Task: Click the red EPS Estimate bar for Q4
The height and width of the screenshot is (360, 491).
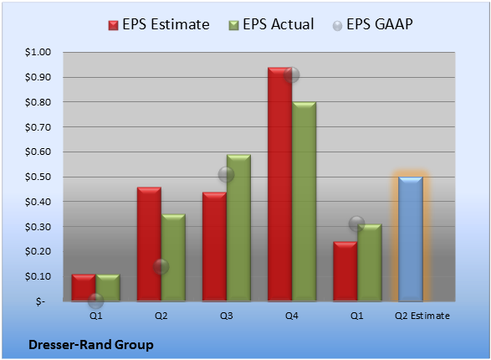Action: [279, 184]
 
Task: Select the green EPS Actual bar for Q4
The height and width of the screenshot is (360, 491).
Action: [304, 202]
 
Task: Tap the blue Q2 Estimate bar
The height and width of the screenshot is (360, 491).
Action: [410, 239]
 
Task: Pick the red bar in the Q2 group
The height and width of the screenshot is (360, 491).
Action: [149, 244]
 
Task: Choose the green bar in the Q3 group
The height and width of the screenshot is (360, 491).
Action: [238, 228]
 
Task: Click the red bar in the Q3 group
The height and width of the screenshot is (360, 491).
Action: [214, 247]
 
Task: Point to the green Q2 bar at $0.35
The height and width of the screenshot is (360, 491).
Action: [173, 258]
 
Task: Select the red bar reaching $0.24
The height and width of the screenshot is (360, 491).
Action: [345, 271]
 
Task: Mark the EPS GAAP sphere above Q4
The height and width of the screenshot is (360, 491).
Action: [292, 75]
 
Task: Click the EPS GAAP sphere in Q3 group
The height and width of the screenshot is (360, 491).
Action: [226, 174]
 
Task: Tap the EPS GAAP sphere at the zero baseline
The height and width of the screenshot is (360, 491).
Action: [95, 301]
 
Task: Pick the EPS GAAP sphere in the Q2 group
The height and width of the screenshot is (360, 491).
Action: [161, 267]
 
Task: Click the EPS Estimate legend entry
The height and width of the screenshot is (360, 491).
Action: [159, 24]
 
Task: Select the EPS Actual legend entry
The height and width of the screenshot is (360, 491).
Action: [271, 24]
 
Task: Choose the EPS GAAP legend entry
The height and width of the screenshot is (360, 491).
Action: [372, 24]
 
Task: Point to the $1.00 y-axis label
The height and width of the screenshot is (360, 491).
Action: [38, 52]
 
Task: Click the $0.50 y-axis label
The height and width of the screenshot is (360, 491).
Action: [38, 177]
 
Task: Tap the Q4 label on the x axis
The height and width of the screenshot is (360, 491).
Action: [292, 316]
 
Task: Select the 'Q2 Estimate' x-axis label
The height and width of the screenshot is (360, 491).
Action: [422, 316]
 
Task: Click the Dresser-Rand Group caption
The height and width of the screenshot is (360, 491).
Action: [91, 345]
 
